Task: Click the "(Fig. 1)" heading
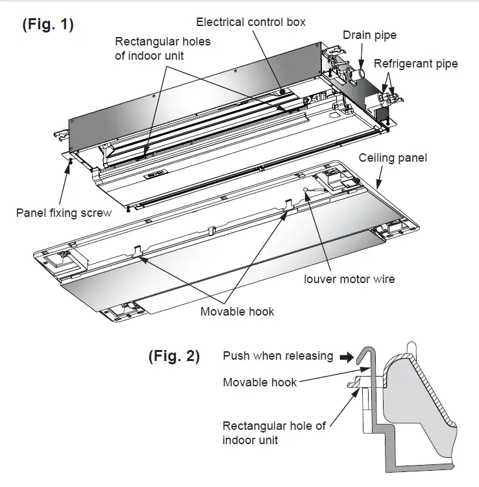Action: pos(48,25)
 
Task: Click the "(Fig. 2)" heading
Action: pos(174,356)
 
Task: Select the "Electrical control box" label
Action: pos(251,22)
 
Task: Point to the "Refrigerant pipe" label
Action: pos(415,64)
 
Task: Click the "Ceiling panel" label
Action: pos(394,158)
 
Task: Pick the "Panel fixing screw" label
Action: pos(64,212)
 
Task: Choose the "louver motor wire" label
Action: pos(349,279)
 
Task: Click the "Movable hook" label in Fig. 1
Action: pos(237,312)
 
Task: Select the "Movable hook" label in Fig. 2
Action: pos(260,382)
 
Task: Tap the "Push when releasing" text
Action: pos(278,356)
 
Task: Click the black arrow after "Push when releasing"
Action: pos(347,356)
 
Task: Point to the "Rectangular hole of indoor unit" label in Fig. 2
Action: pos(274,432)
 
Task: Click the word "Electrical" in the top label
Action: pos(219,22)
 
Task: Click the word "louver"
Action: pos(322,279)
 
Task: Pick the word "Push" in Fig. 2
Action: pos(236,356)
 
